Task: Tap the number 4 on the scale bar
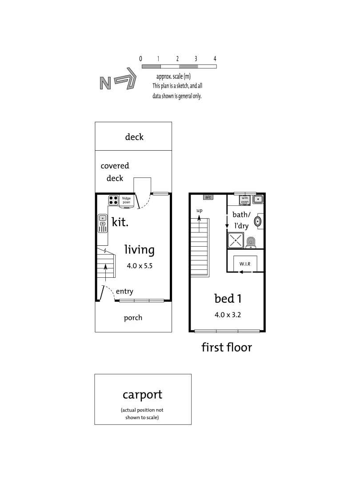[x=215, y=59]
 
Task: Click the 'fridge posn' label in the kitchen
[x=127, y=200]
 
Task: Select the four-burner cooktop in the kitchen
[x=113, y=200]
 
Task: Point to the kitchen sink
[x=103, y=224]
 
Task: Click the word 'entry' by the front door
[x=124, y=292]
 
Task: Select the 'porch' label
[x=133, y=318]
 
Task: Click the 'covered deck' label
[x=115, y=172]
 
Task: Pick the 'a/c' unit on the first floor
[x=208, y=196]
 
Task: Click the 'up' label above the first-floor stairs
[x=199, y=210]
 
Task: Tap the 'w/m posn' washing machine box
[x=245, y=200]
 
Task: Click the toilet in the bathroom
[x=251, y=242]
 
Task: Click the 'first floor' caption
[x=227, y=347]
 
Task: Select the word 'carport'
[x=142, y=394]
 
